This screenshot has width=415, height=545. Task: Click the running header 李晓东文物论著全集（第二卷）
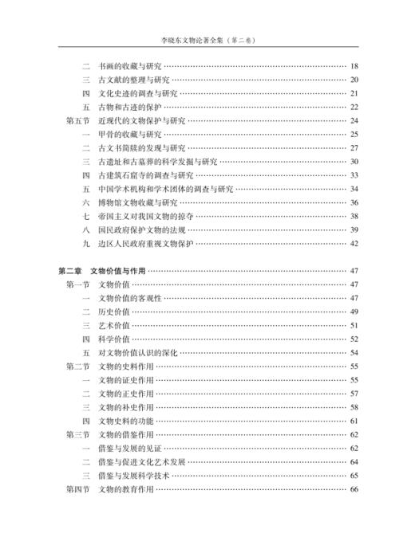pyautogui.click(x=207, y=37)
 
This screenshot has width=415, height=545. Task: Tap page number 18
pyautogui.click(x=354, y=65)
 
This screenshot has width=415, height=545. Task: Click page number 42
pyautogui.click(x=354, y=244)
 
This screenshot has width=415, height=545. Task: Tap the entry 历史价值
pyautogui.click(x=113, y=312)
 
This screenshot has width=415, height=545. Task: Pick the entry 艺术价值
pyautogui.click(x=113, y=326)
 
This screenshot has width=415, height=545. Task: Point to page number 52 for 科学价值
pyautogui.click(x=354, y=339)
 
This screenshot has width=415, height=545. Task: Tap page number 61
pyautogui.click(x=354, y=421)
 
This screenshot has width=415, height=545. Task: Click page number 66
pyautogui.click(x=354, y=490)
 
